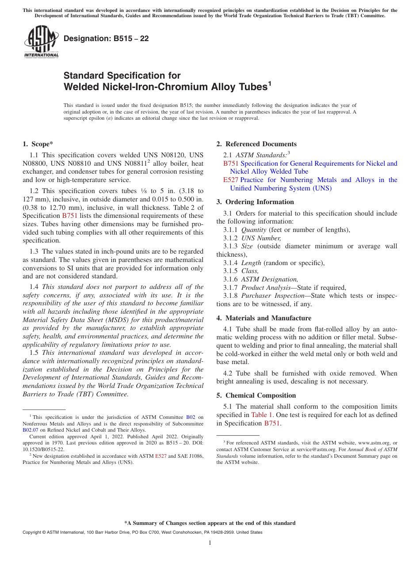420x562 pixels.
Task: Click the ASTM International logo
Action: click(x=41, y=42)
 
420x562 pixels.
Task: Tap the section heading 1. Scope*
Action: click(x=38, y=144)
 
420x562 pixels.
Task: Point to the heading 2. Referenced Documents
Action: click(x=256, y=144)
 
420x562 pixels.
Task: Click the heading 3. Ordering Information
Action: click(x=255, y=202)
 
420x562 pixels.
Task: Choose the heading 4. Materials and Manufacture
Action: click(x=263, y=318)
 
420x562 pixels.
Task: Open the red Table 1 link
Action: click(x=262, y=415)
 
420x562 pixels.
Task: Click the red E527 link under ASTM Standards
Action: click(x=231, y=180)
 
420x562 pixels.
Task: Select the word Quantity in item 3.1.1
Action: click(x=254, y=230)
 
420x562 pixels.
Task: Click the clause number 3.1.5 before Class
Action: click(x=230, y=271)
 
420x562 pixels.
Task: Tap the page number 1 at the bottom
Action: click(x=210, y=543)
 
